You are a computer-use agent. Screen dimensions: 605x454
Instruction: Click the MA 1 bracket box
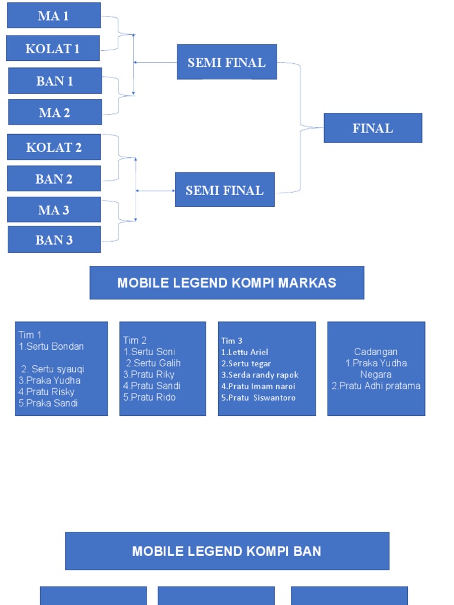[x=54, y=15]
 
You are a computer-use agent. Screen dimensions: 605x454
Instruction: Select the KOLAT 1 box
[x=53, y=48]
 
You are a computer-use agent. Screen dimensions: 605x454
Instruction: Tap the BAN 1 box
[x=55, y=81]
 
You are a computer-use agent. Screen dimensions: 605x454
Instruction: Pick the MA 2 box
[x=55, y=112]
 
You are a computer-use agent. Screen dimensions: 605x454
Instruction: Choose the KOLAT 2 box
[x=54, y=147]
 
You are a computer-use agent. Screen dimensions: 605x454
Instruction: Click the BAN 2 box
[x=54, y=178]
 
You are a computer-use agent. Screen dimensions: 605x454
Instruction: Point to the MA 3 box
[x=54, y=210]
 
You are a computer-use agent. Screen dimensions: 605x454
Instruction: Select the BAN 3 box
[x=54, y=240]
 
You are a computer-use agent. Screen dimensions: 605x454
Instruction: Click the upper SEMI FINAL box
[x=226, y=62]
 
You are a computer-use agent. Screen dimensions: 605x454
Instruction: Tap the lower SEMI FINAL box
[x=225, y=190]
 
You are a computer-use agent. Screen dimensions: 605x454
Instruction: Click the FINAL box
[x=372, y=128]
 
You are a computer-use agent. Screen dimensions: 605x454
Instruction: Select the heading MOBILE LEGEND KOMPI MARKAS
[x=226, y=282]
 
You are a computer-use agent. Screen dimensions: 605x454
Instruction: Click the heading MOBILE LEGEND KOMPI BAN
[x=226, y=551]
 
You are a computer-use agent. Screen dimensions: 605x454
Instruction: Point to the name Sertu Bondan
[x=54, y=346]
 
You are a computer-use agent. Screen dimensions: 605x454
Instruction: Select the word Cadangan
[x=375, y=352]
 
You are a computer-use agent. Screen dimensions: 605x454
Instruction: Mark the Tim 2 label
[x=135, y=340]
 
